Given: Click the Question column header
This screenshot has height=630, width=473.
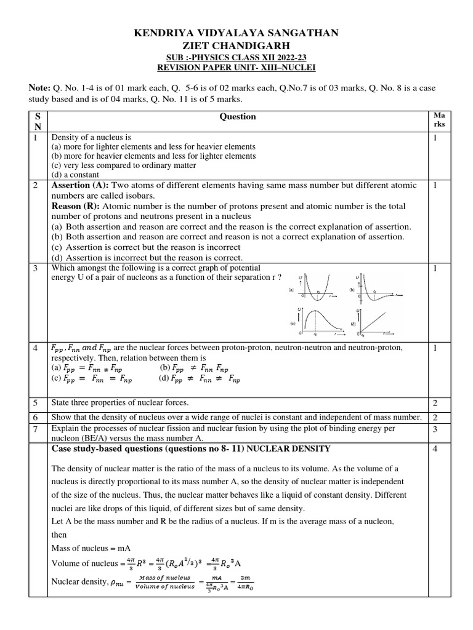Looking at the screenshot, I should click(x=237, y=116).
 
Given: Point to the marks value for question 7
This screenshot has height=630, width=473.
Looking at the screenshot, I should click(x=435, y=428).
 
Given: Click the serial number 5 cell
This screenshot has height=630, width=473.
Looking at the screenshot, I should click(x=36, y=403).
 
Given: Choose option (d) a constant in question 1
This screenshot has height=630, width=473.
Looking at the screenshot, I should click(x=77, y=174).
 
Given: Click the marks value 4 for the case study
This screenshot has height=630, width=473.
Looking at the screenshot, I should click(x=435, y=449).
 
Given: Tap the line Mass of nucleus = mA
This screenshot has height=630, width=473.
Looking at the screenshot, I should click(x=95, y=548).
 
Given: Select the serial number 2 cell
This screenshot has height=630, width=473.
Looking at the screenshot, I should click(x=36, y=185).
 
